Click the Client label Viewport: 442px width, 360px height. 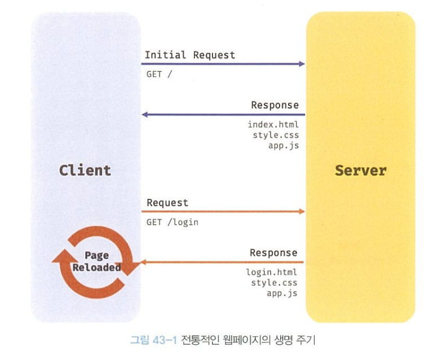85,170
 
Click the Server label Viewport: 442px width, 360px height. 360,170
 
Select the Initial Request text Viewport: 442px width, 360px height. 189,55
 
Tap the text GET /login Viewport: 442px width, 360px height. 172,222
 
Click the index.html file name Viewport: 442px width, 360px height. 273,124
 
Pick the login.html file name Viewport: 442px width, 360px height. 271,272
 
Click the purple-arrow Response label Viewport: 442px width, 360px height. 275,105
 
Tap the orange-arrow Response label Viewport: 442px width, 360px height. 273,253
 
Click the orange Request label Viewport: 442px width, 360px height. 167,202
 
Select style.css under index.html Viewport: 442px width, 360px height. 275,135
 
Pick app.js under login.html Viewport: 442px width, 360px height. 282,294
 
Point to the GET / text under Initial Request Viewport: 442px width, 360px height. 159,74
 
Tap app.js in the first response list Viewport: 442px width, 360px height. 283,145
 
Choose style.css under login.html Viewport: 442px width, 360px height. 274,283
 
